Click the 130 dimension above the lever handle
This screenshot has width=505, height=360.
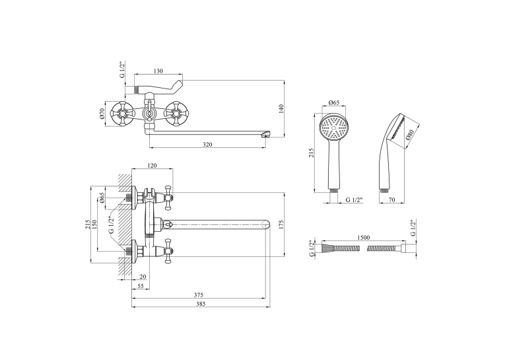(158, 71)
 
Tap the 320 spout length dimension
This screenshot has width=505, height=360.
(208, 145)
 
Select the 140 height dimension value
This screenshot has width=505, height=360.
(281, 108)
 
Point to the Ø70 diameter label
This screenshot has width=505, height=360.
(102, 114)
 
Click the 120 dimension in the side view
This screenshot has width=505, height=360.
(152, 165)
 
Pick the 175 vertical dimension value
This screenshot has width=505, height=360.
(281, 225)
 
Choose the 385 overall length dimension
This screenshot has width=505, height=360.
(200, 304)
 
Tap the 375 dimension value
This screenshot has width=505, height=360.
(199, 295)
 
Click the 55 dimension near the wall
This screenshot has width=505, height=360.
(141, 286)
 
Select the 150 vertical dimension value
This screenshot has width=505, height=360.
(94, 225)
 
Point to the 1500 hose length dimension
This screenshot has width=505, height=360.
(364, 238)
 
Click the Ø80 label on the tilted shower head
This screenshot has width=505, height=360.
(410, 134)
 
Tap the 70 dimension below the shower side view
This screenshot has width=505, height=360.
(391, 200)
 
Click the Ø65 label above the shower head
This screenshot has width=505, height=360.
(333, 102)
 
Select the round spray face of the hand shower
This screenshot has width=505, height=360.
(333, 127)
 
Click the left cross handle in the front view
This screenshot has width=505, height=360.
(121, 114)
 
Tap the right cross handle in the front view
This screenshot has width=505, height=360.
(176, 114)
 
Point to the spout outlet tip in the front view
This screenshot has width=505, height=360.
(266, 134)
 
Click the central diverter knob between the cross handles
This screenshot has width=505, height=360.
(149, 114)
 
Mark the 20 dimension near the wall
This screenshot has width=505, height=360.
(143, 277)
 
